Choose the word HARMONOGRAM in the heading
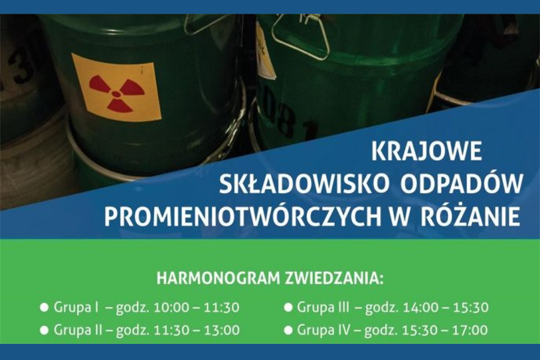click(218, 278)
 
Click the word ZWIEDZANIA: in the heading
click(334, 278)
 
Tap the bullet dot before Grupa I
click(44, 307)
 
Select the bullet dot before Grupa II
click(44, 330)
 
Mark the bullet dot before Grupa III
click(288, 307)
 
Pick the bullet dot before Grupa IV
click(288, 330)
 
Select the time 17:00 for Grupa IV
click(470, 330)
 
